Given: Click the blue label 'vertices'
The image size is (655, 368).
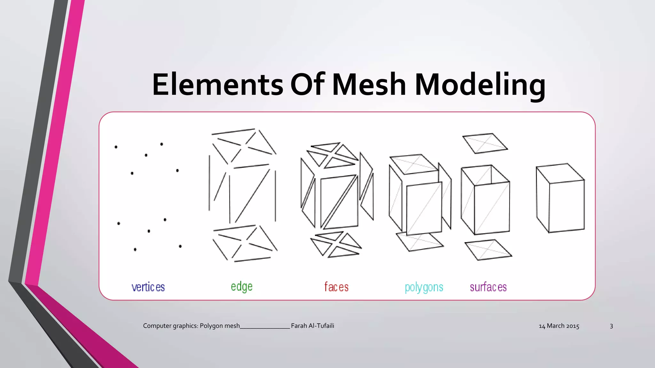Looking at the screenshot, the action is (x=148, y=287).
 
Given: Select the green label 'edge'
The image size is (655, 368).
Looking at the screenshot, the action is (x=242, y=287).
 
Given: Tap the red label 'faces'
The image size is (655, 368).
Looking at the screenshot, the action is (x=336, y=287).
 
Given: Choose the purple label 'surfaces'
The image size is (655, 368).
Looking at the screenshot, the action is (x=488, y=287).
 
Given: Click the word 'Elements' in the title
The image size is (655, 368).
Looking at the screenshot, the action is (x=217, y=85).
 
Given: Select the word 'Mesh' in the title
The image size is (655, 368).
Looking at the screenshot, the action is (x=369, y=85).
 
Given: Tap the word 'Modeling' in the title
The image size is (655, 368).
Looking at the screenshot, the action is (x=480, y=85).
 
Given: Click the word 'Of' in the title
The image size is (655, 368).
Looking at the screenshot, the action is (x=307, y=84).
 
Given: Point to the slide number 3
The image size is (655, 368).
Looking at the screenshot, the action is (x=611, y=326).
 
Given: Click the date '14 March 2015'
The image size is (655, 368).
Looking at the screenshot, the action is (x=559, y=326).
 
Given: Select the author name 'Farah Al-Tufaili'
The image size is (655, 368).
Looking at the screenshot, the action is (x=312, y=326).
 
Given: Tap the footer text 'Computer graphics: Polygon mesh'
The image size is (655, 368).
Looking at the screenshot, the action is (x=191, y=326).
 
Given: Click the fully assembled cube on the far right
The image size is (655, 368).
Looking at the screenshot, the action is (x=560, y=198).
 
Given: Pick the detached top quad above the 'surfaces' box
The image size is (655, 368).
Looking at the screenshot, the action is (x=485, y=143).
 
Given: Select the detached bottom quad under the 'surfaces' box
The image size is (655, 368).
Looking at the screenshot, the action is (x=488, y=250).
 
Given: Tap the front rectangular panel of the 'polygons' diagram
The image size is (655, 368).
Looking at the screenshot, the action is (x=424, y=208).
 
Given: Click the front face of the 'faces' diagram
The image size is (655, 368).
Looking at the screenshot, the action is (x=339, y=202).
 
